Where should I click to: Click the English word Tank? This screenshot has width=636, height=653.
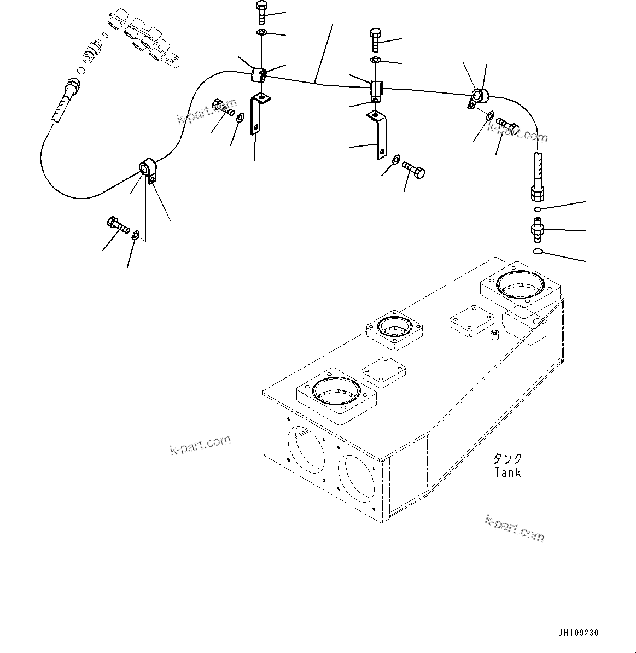point(507,473)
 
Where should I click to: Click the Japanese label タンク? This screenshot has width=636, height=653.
point(507,459)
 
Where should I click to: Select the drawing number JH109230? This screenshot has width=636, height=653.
point(578,633)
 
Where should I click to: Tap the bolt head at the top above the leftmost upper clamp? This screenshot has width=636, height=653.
point(261,8)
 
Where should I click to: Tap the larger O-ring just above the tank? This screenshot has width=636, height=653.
point(538,251)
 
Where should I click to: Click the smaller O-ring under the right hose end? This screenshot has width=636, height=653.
point(538,209)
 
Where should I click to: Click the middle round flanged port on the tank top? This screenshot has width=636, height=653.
point(394,330)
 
